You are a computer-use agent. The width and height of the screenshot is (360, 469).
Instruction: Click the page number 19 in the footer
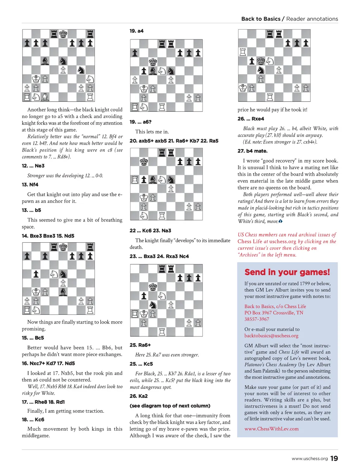click(x=334, y=458)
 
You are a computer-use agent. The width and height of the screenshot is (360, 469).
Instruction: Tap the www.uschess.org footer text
click(x=309, y=458)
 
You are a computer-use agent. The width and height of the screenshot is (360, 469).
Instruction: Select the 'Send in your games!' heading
click(x=287, y=272)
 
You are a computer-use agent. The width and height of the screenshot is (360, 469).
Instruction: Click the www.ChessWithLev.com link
click(x=271, y=429)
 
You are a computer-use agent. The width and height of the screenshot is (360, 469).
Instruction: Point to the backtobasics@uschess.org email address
click(x=271, y=336)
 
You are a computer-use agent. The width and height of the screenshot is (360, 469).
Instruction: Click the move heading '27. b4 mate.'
click(x=252, y=151)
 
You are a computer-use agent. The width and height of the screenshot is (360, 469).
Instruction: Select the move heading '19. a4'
click(x=136, y=31)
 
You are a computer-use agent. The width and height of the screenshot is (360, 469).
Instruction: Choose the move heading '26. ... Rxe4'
click(x=251, y=119)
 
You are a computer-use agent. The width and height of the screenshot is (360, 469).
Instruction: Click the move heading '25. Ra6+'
click(x=140, y=345)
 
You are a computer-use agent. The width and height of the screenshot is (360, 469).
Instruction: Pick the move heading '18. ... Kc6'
click(x=33, y=420)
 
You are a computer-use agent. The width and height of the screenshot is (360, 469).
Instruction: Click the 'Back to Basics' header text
click(x=261, y=19)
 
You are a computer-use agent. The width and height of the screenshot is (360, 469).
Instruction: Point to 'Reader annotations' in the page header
click(x=312, y=19)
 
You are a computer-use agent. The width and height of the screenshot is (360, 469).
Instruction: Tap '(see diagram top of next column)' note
click(x=170, y=406)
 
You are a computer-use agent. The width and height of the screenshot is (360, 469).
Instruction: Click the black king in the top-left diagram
click(x=63, y=34)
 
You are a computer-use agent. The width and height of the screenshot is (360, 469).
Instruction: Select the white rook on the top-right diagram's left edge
click(x=243, y=52)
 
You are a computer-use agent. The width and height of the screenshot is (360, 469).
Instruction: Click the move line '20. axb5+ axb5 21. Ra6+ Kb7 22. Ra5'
click(x=174, y=141)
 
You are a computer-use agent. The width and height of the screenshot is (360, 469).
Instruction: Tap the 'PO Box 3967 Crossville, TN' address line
click(x=274, y=313)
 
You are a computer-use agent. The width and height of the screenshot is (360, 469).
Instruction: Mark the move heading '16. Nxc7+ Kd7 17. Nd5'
click(x=48, y=364)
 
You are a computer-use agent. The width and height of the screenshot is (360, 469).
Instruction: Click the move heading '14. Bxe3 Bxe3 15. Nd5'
click(x=48, y=236)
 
